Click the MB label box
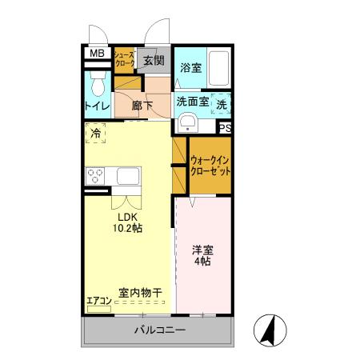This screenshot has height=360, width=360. pyautogui.click(x=96, y=54)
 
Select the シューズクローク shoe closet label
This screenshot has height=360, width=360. pyautogui.click(x=124, y=58)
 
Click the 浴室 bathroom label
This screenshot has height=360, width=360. pyautogui.click(x=190, y=69)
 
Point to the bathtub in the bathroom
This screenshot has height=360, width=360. pyautogui.click(x=219, y=69)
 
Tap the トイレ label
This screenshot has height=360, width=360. pyautogui.click(x=98, y=106)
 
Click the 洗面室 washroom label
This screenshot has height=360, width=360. pyautogui.click(x=192, y=102)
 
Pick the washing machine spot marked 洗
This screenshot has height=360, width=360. pyautogui.click(x=222, y=103)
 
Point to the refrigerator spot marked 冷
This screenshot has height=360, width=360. pyautogui.click(x=96, y=134)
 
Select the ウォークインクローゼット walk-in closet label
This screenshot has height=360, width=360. pyautogui.click(x=210, y=166)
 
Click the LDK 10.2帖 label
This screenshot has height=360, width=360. pyautogui.click(x=128, y=222)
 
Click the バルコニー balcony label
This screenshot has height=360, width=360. pyautogui.click(x=159, y=330)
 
